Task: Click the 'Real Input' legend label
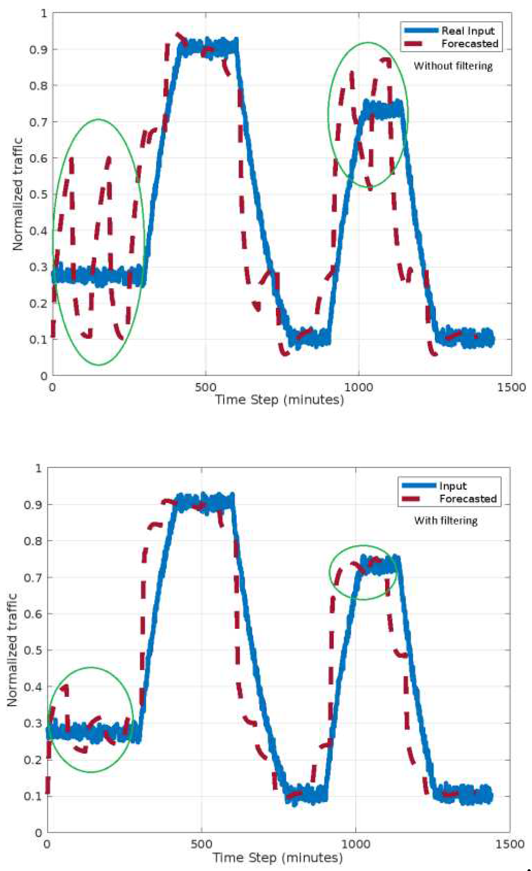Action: click(467, 31)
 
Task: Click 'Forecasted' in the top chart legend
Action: click(470, 44)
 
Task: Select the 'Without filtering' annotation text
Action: click(453, 66)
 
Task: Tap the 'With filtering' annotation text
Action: click(446, 521)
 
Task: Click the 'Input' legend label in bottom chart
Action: click(452, 486)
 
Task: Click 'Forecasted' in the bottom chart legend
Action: click(468, 499)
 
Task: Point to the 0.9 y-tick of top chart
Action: click(38, 49)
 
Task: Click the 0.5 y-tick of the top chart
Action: click(38, 194)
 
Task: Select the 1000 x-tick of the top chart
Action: click(358, 387)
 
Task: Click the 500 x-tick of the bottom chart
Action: click(201, 845)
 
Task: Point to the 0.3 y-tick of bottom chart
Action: click(33, 723)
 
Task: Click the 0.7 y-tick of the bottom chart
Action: click(33, 578)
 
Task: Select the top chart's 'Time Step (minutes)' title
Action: click(279, 400)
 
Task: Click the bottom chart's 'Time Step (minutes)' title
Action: click(277, 858)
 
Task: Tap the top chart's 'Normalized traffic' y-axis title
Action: click(17, 194)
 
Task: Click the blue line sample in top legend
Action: click(421, 31)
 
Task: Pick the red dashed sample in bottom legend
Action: click(411, 499)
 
